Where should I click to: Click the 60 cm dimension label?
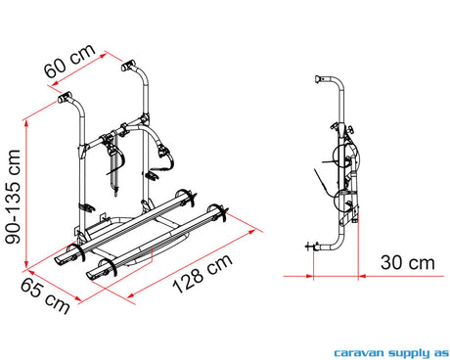[69, 61]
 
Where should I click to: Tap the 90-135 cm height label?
[14, 197]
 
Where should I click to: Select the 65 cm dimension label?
[45, 296]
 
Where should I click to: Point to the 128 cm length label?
[202, 274]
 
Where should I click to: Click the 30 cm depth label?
[408, 263]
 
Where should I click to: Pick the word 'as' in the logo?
[441, 353]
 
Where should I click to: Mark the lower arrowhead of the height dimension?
[26, 263]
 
